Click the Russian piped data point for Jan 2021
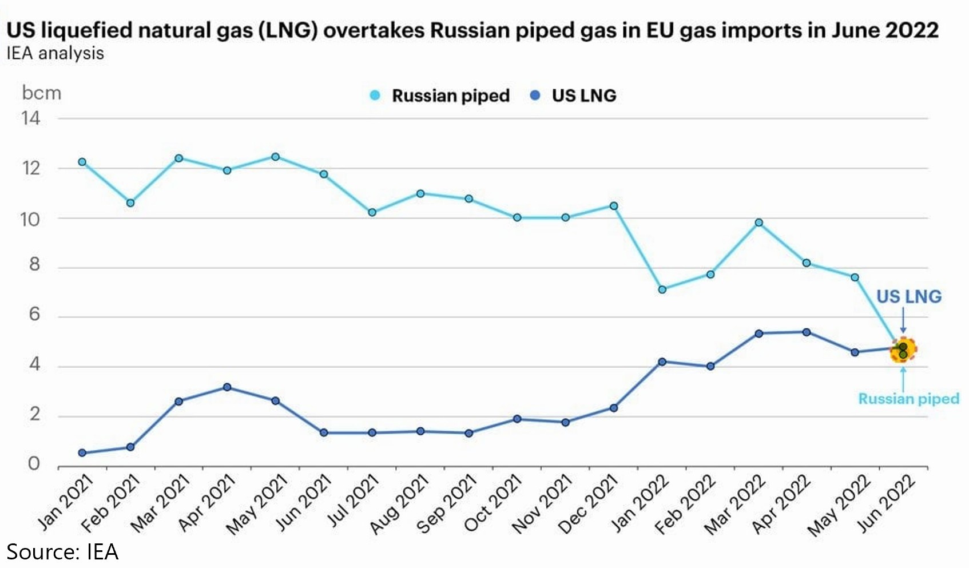click(82, 162)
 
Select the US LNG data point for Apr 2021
click(227, 387)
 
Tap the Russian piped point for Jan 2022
click(662, 289)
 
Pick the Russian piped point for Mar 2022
click(758, 223)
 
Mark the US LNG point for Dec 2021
click(614, 408)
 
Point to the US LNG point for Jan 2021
click(82, 453)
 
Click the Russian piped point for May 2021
click(275, 157)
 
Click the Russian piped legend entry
click(440, 96)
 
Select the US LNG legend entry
click(574, 96)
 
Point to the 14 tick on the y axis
click(31, 118)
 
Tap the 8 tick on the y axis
click(34, 264)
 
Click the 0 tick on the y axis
click(34, 463)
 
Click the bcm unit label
click(41, 93)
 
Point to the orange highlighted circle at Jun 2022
click(903, 349)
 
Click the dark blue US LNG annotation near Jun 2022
click(908, 296)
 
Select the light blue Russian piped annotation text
click(908, 399)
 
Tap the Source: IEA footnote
click(62, 552)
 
